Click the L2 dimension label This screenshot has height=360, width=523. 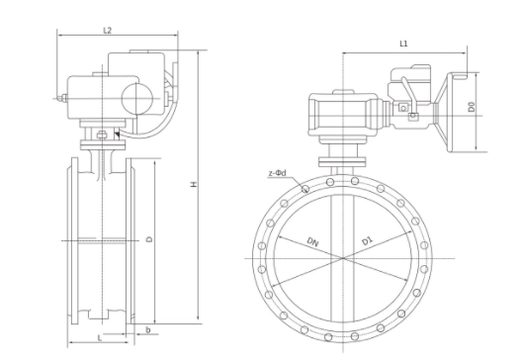[107, 31]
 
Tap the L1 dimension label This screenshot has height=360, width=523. [403, 44]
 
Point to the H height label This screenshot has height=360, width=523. [193, 184]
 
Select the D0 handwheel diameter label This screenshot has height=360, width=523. [471, 108]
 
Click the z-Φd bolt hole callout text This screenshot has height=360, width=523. [277, 173]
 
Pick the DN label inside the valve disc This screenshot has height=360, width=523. [312, 241]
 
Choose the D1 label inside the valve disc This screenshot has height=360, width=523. [367, 240]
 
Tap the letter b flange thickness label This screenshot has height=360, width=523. [148, 330]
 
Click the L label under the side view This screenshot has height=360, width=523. [99, 338]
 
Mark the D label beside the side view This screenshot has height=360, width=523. [150, 239]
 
